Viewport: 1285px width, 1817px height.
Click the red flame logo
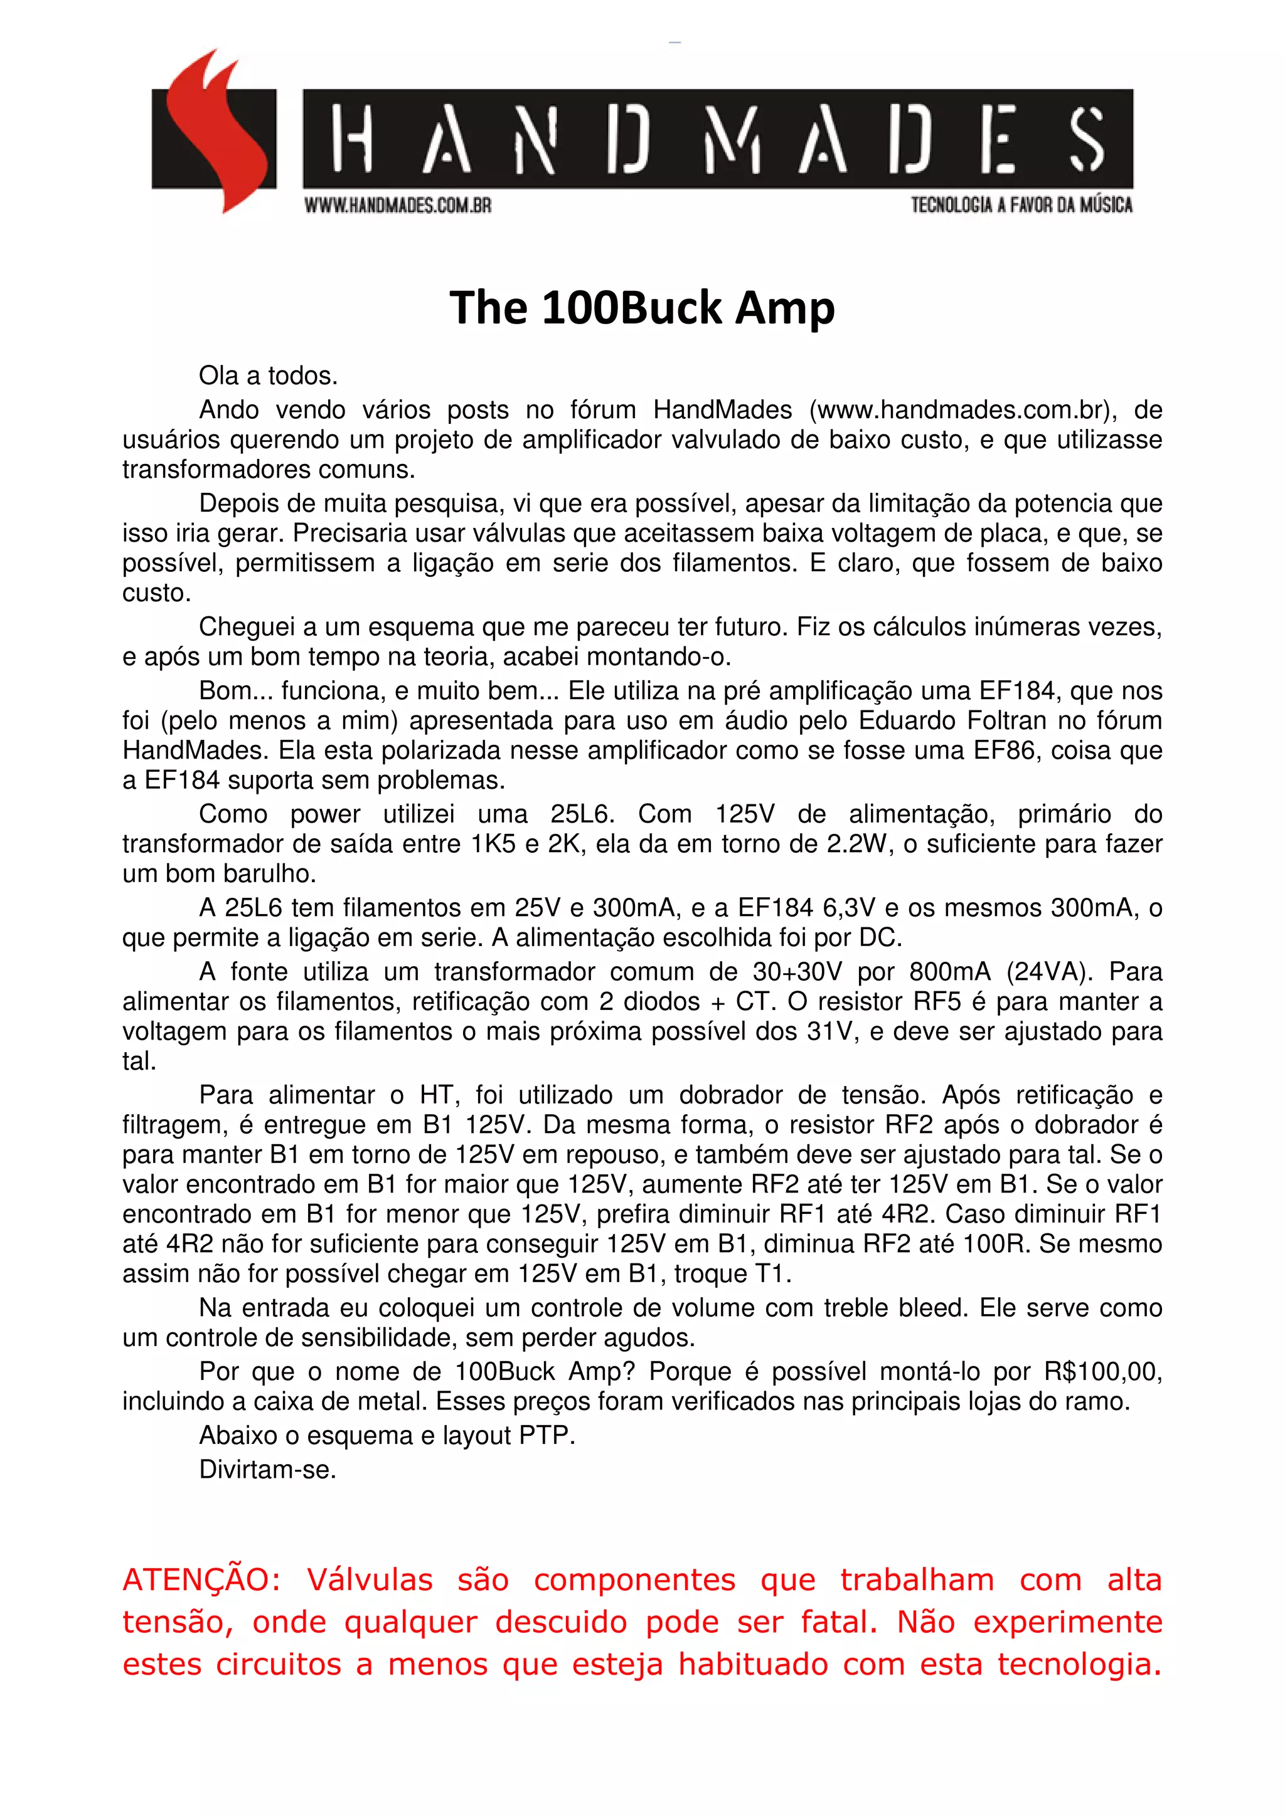[214, 130]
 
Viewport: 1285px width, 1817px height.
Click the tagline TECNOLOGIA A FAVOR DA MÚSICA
[1021, 205]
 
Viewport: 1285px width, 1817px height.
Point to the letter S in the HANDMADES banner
[1086, 139]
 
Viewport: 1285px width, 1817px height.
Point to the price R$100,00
[1103, 1371]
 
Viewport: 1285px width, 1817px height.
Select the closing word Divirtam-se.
[268, 1469]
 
